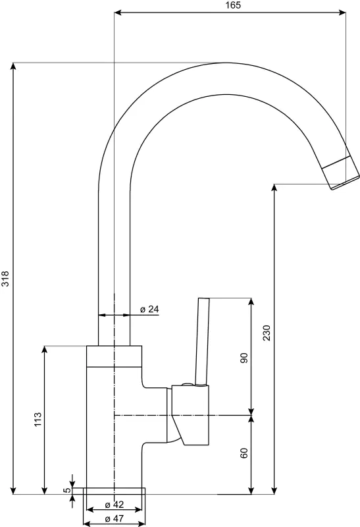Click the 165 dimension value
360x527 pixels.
(234, 5)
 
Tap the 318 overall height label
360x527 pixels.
(6, 279)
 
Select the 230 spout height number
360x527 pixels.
(267, 333)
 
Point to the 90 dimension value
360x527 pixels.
(244, 358)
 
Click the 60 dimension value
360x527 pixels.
(244, 453)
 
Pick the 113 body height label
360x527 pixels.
(38, 420)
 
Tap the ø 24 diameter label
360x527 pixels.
(149, 309)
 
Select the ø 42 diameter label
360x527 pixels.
(114, 505)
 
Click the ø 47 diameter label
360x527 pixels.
(114, 518)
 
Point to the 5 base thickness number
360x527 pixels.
(67, 490)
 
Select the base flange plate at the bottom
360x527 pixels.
(114, 491)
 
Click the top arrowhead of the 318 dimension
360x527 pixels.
(13, 67)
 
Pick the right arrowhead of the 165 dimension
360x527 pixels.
(342, 13)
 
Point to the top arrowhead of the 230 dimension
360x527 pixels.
(274, 188)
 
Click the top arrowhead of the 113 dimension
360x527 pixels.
(44, 350)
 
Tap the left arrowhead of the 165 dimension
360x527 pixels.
(118, 13)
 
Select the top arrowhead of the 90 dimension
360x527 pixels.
(251, 302)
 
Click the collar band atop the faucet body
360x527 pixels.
(114, 356)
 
